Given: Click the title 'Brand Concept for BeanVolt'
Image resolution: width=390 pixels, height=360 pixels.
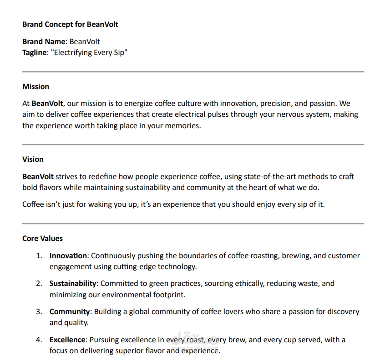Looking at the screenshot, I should (70, 24).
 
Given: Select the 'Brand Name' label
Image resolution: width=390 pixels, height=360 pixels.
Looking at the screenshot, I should (44, 41).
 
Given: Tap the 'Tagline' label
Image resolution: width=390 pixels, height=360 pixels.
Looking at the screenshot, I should (35, 52).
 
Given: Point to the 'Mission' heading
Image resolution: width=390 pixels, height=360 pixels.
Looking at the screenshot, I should (35, 86).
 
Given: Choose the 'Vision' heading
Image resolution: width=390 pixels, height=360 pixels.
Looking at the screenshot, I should (33, 159).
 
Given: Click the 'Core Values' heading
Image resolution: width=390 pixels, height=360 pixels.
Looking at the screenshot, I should (42, 238).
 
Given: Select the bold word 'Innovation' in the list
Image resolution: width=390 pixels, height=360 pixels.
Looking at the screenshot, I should (68, 255).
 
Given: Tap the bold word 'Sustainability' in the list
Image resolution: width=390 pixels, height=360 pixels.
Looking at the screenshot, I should (73, 283).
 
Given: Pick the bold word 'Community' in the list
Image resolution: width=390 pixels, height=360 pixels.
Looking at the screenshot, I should (70, 311).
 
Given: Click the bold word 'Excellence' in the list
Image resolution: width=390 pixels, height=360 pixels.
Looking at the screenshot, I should (67, 340).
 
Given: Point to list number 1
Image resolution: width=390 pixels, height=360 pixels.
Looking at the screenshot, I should (39, 255).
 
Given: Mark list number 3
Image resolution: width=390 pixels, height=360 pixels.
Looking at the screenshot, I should (39, 311).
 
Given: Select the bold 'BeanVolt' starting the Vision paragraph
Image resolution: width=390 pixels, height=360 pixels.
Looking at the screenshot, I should (38, 176).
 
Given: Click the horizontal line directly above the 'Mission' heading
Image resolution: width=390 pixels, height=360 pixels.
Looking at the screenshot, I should (193, 72).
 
